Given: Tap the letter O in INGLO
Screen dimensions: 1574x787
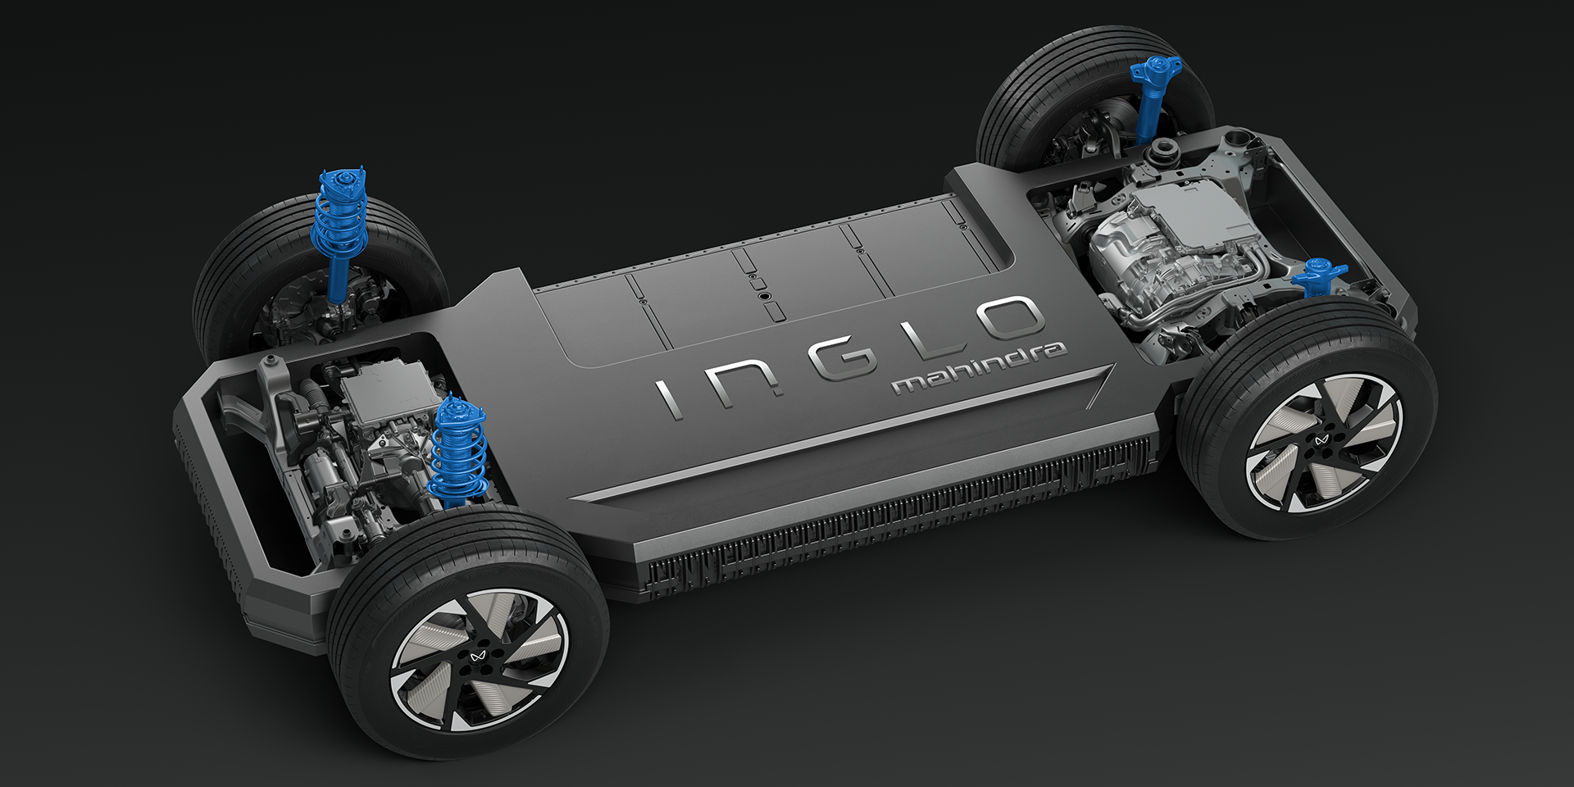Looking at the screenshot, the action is [x=1004, y=320].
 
